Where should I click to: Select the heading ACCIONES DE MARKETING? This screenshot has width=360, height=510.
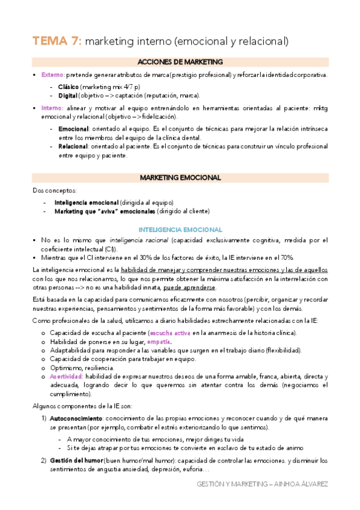tap(180, 62)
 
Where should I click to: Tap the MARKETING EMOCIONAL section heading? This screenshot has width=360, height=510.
tap(180, 177)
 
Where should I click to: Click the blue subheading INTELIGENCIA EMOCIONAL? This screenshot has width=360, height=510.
tap(180, 230)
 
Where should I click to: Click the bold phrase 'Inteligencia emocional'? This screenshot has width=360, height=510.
tap(86, 202)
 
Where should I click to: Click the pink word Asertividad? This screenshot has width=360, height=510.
tap(70, 376)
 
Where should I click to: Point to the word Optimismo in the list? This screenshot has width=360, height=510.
tap(67, 367)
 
